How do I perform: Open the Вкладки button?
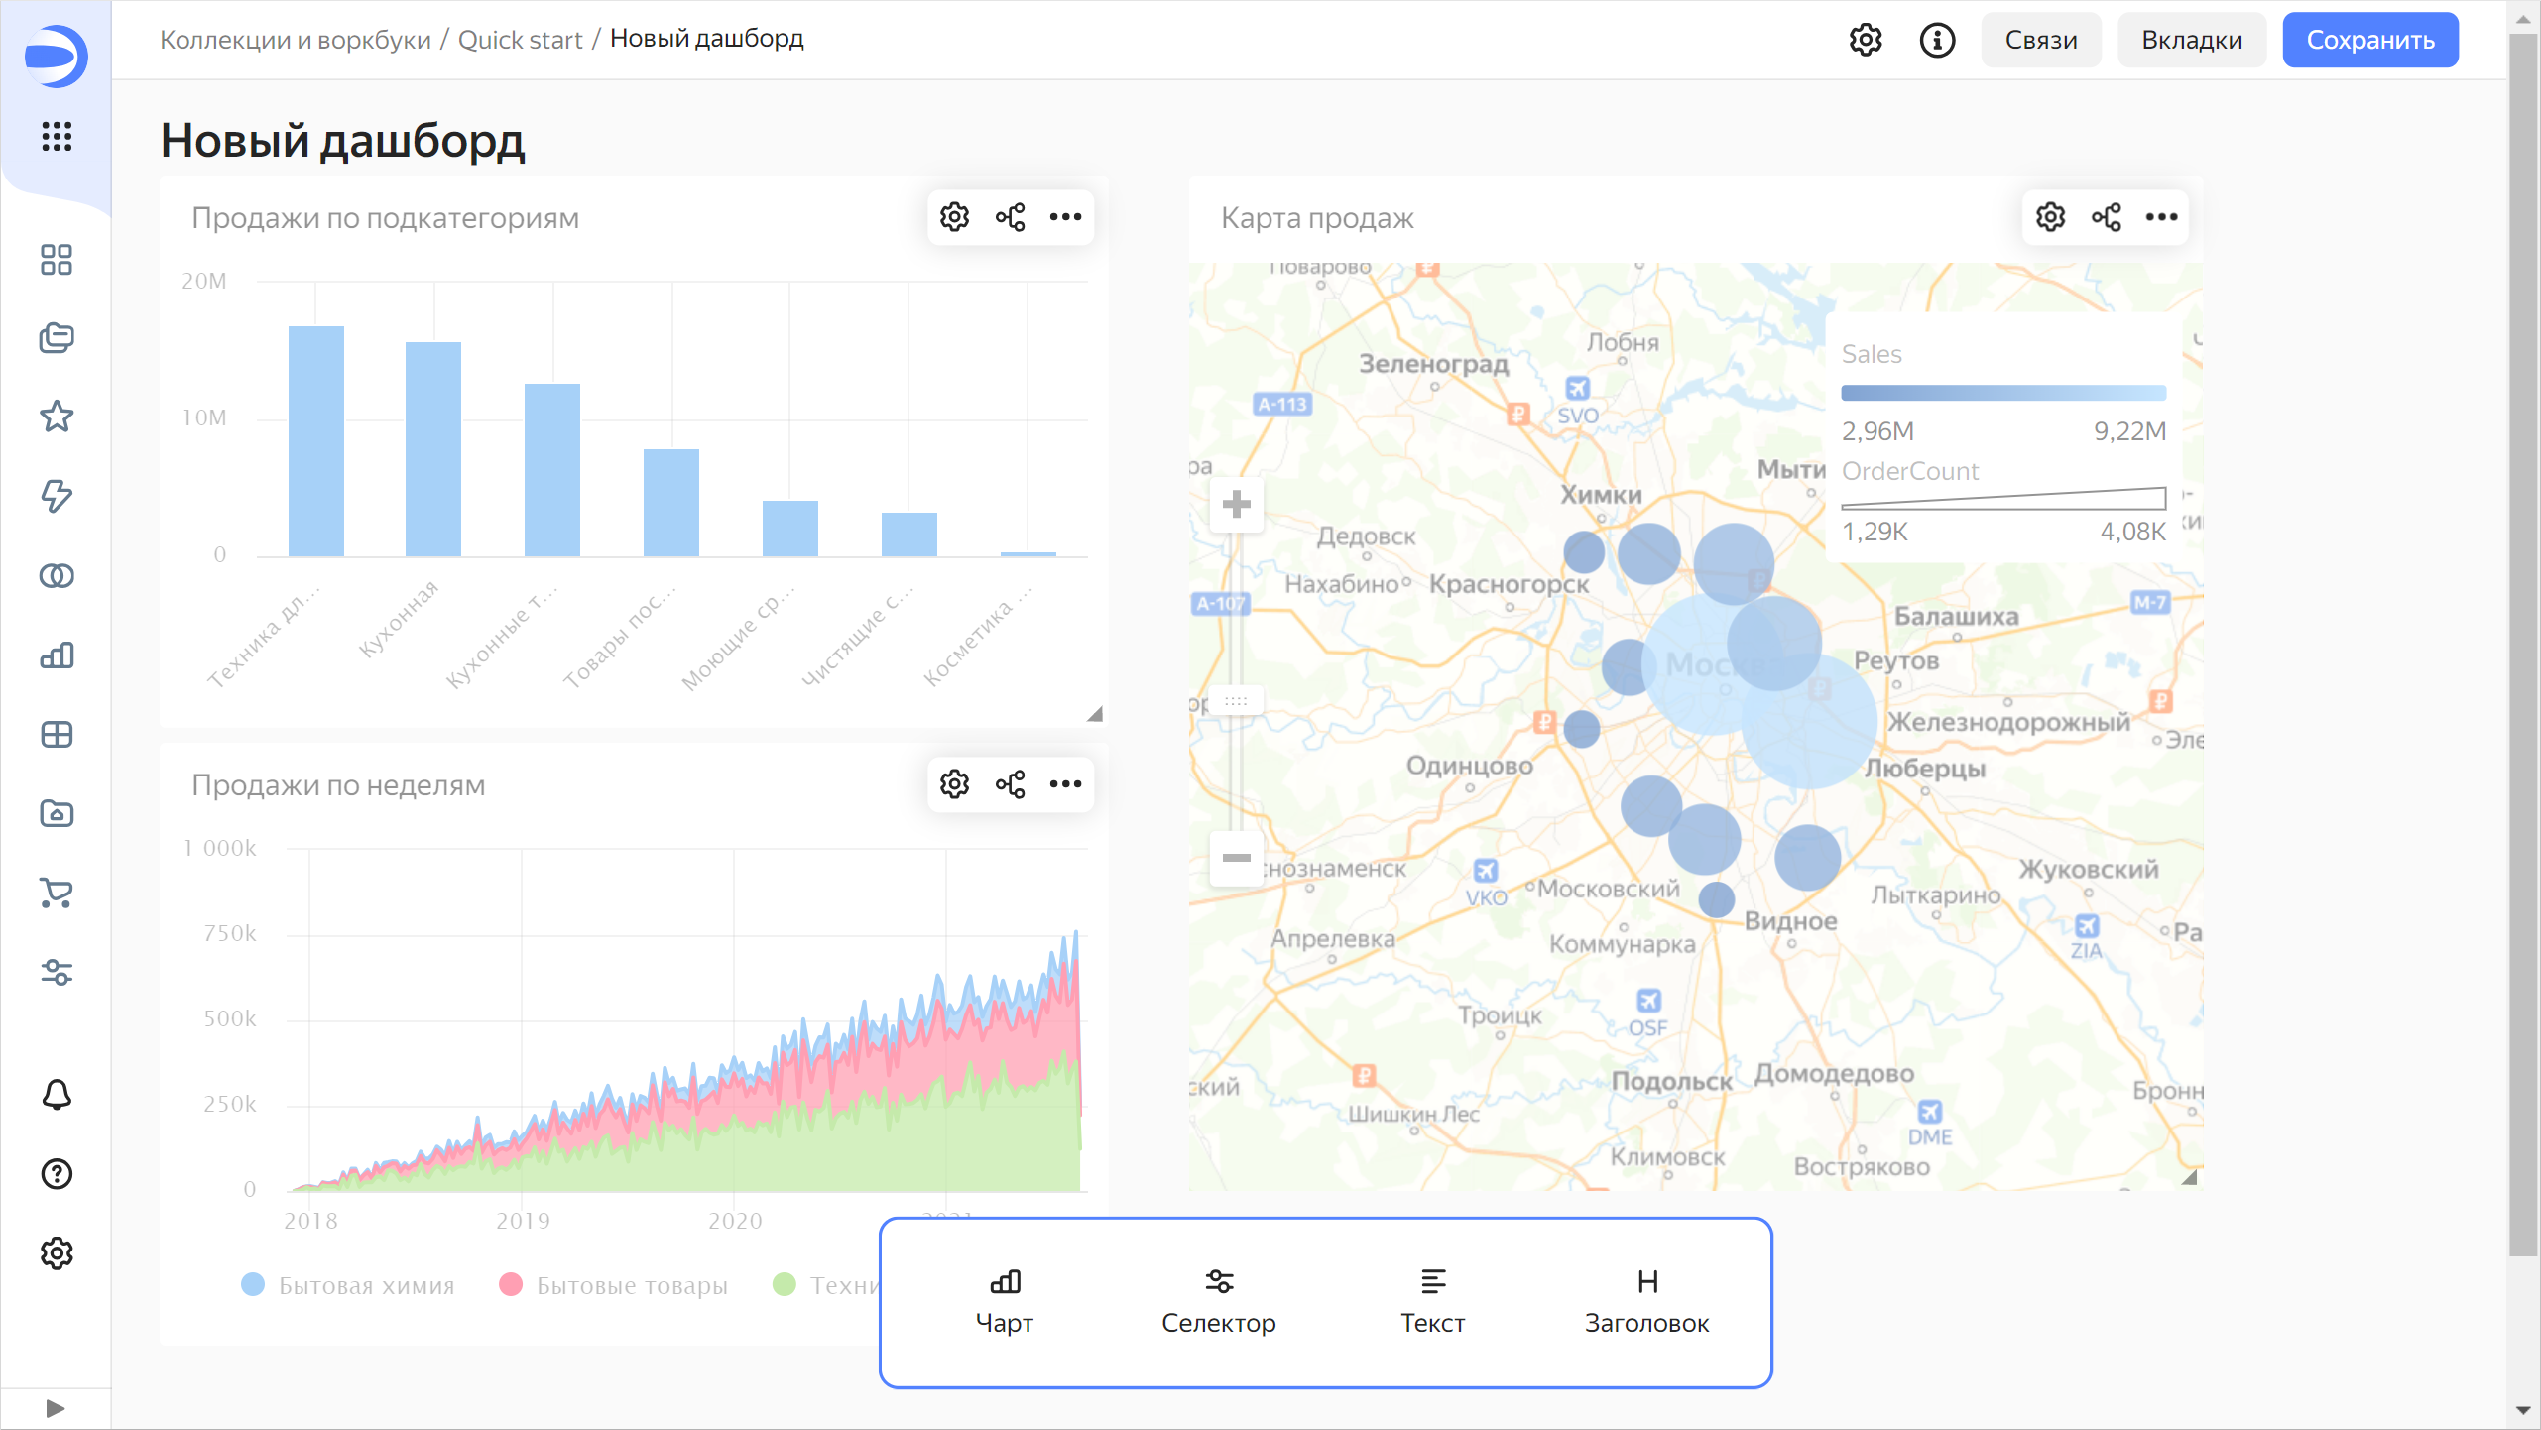[2191, 40]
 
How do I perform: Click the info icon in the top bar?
[1936, 40]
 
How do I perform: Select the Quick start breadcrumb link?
[520, 40]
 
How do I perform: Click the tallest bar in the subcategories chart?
[315, 440]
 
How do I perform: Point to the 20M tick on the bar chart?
[203, 281]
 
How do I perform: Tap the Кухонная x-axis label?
[399, 620]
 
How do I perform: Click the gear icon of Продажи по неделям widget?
[954, 784]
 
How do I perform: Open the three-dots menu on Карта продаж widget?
[2161, 217]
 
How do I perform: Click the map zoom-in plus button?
[1236, 505]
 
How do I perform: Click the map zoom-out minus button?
[1236, 858]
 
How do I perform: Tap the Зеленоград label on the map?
[1433, 364]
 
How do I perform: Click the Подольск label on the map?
[1671, 1082]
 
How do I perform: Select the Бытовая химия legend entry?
[365, 1286]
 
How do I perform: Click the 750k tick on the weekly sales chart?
[229, 933]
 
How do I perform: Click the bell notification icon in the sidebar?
[57, 1095]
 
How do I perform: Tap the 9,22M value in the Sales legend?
[2129, 431]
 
